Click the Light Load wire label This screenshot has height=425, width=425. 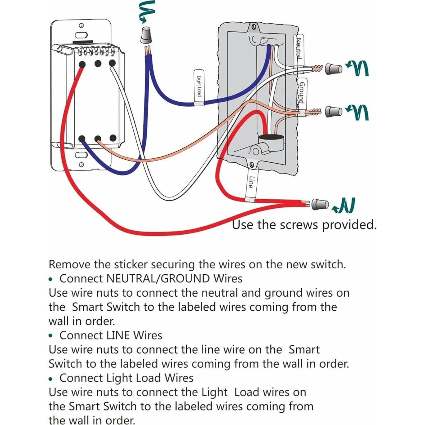coord(199,87)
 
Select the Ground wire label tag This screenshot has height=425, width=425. coord(301,93)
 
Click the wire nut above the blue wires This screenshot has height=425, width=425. coord(146,35)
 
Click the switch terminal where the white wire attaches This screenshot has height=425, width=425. coord(112,64)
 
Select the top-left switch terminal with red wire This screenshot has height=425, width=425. coord(82,64)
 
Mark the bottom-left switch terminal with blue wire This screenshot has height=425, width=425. coord(82,139)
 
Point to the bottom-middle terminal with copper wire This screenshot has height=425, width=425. coord(98,139)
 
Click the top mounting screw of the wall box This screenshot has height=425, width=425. coord(254,27)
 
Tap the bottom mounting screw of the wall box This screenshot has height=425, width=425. coord(252,164)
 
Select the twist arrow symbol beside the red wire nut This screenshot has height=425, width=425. coord(344,206)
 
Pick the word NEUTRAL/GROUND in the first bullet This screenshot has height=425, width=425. coord(158,278)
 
